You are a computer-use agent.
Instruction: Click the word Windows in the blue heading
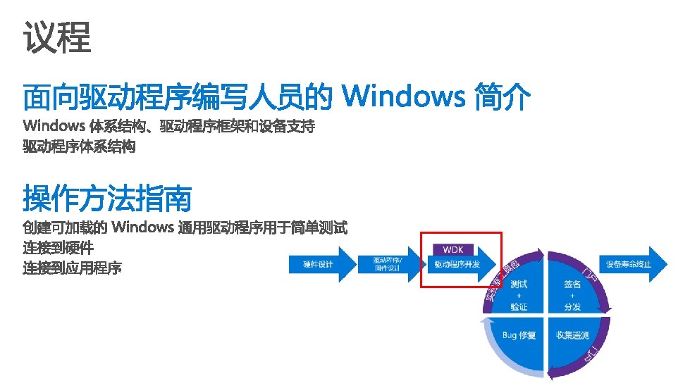pos(402,96)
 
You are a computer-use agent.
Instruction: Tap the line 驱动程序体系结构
pos(79,147)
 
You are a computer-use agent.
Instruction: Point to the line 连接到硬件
pos(58,248)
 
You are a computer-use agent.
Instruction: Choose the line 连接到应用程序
pos(72,268)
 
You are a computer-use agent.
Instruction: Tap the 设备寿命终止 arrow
pos(628,265)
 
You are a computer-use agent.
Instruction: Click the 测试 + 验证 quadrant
pos(518,294)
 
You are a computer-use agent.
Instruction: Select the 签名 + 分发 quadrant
pos(572,294)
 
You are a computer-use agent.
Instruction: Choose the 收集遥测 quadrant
pos(572,335)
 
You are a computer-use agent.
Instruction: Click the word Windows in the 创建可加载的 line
pos(142,227)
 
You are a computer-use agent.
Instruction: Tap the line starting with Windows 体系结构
pos(169,127)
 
